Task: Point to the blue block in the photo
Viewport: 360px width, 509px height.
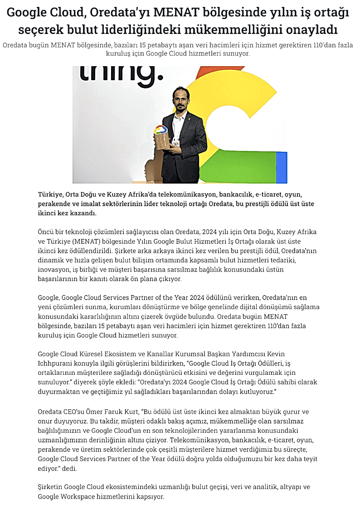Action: click(281, 168)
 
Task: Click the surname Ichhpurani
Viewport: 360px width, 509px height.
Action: click(57, 363)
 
